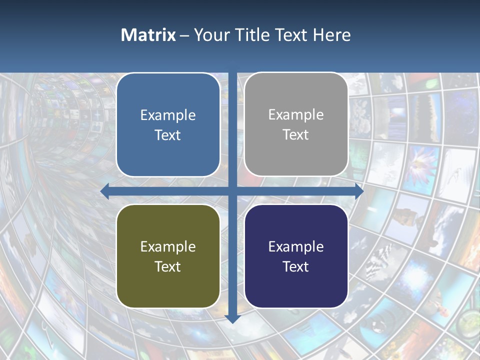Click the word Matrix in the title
pos(148,35)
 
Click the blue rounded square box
pos(168,125)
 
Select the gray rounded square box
pos(296,124)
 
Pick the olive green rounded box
pos(168,256)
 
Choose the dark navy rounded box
pos(296,256)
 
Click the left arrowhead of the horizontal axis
pos(104,191)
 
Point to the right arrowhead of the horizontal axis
pos(359,191)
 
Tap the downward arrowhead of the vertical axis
pos(232,318)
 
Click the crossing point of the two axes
pos(232,191)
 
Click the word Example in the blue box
pos(168,115)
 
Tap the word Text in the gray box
pos(296,135)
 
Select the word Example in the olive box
pos(168,247)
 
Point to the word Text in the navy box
pos(296,266)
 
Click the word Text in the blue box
pos(168,135)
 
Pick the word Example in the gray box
pos(296,115)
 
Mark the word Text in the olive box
pos(168,266)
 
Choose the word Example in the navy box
pos(296,247)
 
